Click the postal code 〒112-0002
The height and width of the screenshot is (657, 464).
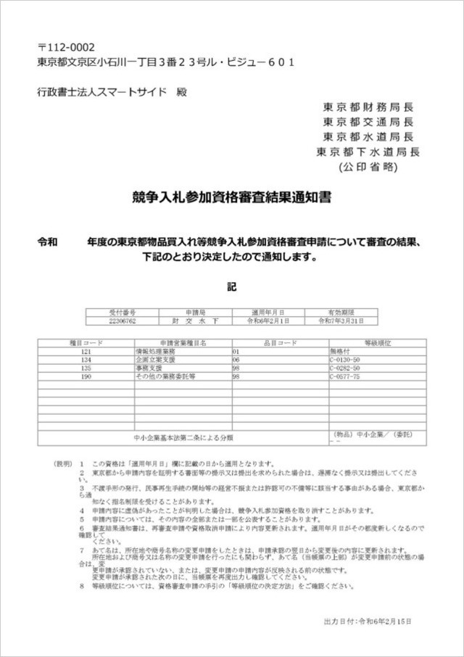coord(66,47)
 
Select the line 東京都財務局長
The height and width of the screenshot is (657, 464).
coord(368,106)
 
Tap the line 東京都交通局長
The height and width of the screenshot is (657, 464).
coord(368,121)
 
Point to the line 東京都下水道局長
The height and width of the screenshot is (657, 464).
coord(368,152)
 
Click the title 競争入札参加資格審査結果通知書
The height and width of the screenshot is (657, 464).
coord(232,197)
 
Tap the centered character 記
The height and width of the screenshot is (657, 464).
coord(231,286)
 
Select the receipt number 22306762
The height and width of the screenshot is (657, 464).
coord(122,320)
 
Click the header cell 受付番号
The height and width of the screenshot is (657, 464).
coord(122,312)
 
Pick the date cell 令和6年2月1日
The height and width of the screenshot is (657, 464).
coord(269,320)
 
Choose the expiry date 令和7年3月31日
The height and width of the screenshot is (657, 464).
coord(341,320)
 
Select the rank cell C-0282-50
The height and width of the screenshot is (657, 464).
coord(344,368)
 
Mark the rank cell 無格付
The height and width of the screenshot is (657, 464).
coord(339,350)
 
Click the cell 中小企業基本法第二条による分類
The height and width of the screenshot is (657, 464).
coord(183,437)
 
